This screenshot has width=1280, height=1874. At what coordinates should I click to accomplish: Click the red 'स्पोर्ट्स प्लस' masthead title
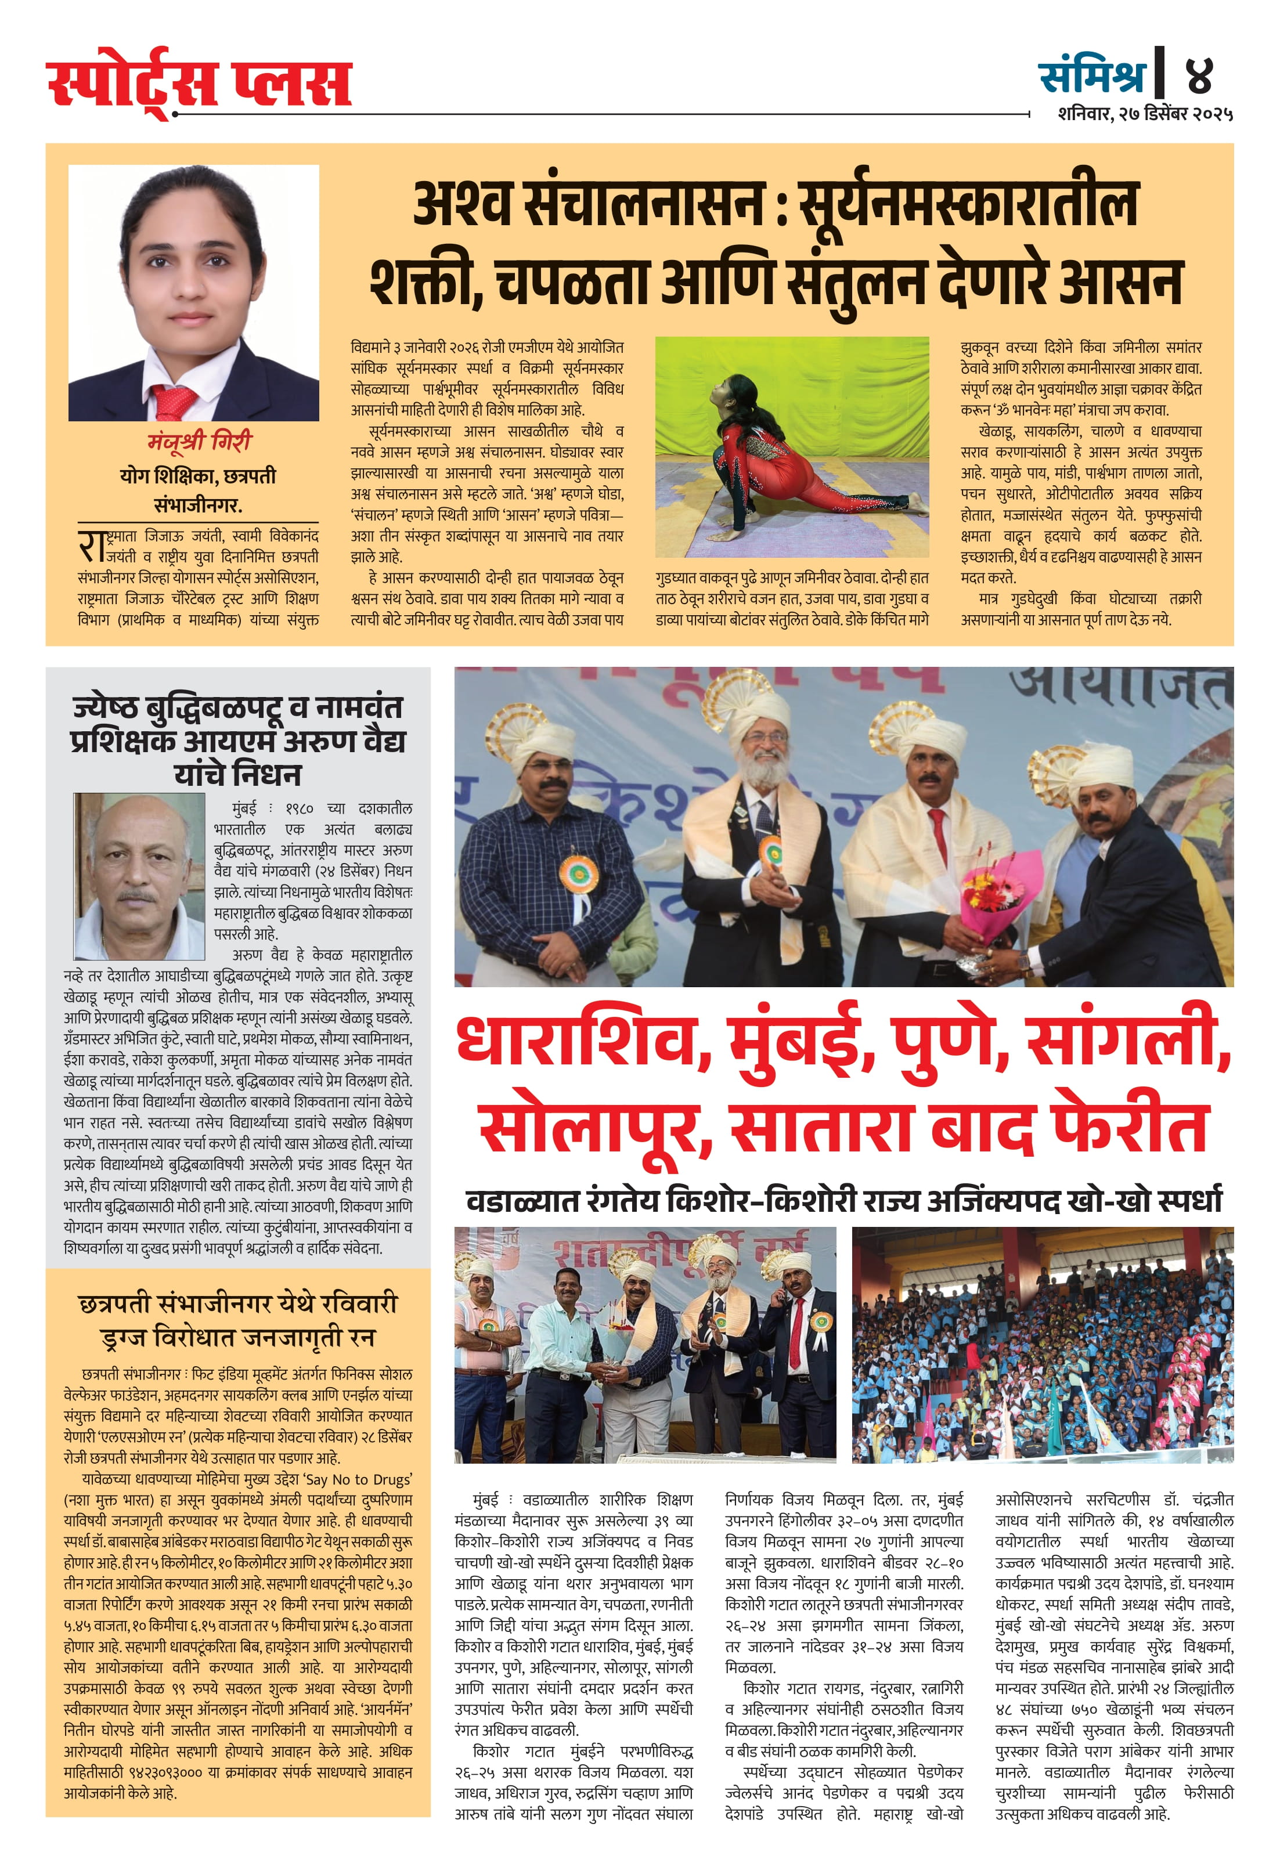[199, 82]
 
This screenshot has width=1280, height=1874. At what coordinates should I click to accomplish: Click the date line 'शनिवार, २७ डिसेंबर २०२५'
[1145, 114]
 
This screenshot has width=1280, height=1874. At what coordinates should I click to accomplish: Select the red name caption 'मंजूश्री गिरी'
[199, 442]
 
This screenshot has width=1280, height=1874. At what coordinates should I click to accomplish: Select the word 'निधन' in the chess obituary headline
[269, 774]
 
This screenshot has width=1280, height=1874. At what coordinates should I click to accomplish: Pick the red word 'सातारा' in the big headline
[823, 1126]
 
